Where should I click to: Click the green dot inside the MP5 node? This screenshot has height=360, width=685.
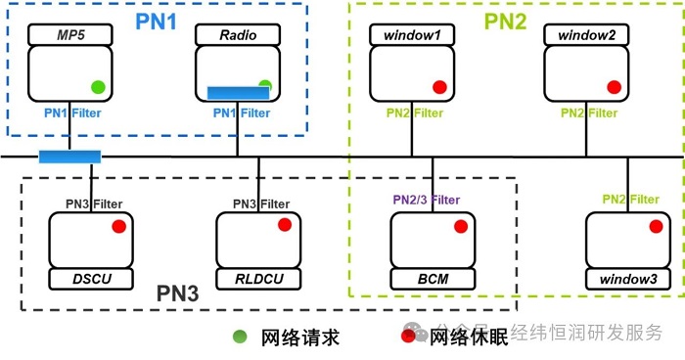pos(97,86)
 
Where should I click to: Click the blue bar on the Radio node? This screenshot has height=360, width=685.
pos(239,93)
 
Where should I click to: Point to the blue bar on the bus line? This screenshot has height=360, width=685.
pos(69,157)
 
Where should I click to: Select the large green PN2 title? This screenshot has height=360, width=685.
pos(508,19)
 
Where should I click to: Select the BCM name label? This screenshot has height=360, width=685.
pos(433,280)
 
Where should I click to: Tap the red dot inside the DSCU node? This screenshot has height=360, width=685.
pos(118,226)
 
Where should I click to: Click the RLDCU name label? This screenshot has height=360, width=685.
pos(259,280)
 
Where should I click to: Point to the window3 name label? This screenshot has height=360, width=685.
pos(628,280)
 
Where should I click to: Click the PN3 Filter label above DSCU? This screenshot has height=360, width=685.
pos(94,203)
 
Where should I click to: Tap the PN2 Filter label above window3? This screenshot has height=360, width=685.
pos(630,200)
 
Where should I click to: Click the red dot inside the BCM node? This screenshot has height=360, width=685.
pos(458,226)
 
